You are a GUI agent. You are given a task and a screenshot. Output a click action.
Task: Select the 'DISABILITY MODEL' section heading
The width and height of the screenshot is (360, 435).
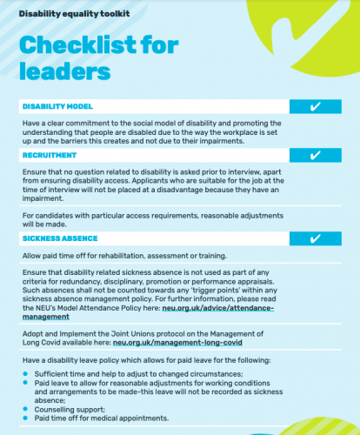coord(57,106)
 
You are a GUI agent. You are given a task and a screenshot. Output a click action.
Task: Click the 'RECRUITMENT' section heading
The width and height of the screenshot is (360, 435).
coord(50,155)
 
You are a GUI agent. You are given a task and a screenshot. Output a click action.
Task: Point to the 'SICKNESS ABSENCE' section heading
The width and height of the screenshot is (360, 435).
coord(59,238)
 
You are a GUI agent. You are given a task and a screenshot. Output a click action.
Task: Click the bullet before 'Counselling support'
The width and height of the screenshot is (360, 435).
coord(24,408)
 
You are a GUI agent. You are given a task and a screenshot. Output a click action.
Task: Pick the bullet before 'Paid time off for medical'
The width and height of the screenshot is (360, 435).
coord(24,418)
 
